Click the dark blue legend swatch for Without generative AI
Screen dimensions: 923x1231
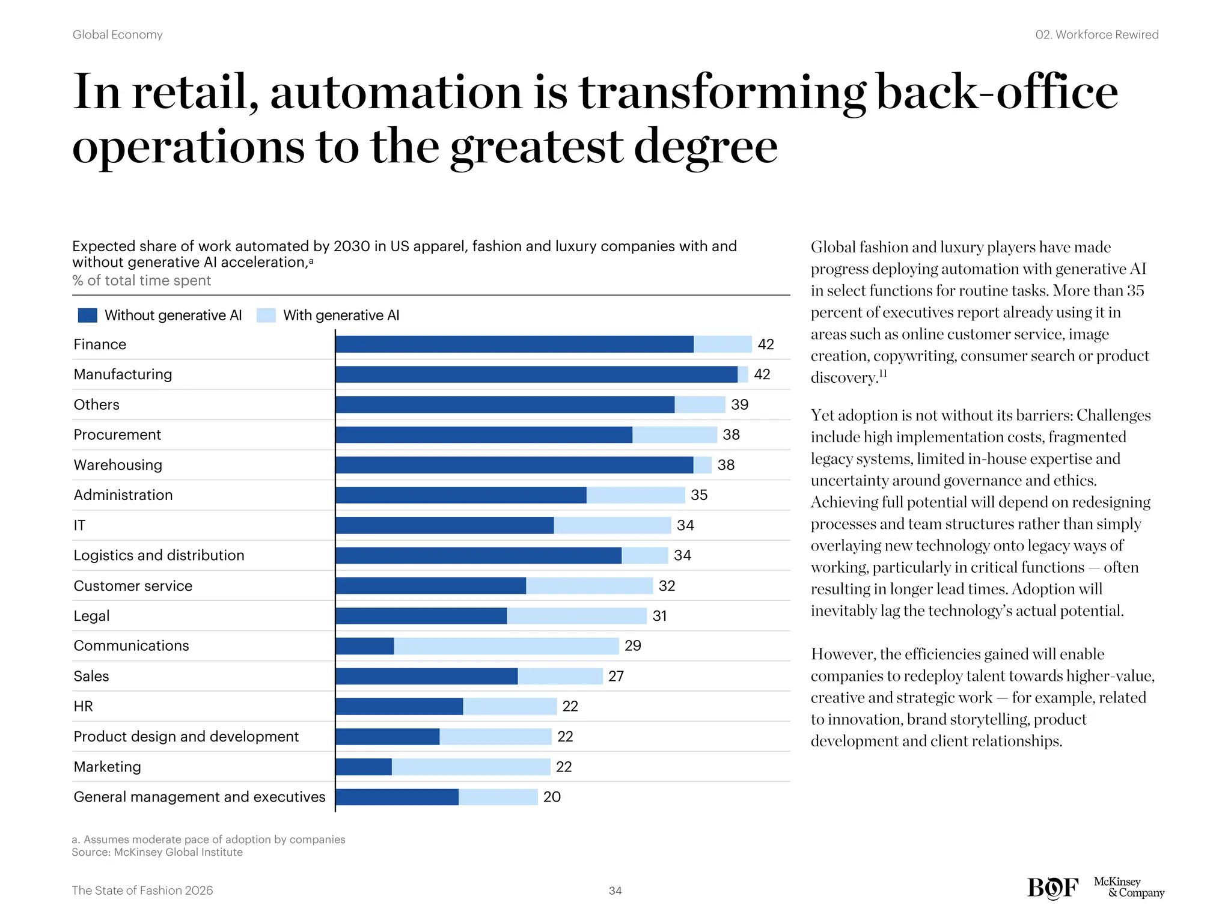coord(87,315)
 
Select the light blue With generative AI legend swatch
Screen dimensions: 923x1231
coord(266,315)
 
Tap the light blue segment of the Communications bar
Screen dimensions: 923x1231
coord(506,646)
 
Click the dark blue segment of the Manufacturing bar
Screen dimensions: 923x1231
coord(536,374)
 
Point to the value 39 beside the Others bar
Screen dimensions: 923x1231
coord(739,404)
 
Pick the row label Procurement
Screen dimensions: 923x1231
coord(117,434)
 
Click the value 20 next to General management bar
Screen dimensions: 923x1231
coord(552,797)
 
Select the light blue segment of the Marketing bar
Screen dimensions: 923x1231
coord(471,767)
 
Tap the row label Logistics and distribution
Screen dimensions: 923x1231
coord(159,555)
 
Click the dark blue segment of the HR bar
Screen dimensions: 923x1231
coord(399,706)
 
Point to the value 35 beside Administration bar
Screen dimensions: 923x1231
coord(699,495)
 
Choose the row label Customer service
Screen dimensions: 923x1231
coord(133,586)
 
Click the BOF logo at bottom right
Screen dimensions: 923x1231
coord(1052,888)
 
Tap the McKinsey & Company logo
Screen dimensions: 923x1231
coord(1129,888)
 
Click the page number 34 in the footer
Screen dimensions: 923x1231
coord(615,891)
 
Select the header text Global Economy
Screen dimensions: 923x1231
coord(118,35)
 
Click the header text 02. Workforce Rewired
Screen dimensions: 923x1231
coord(1096,35)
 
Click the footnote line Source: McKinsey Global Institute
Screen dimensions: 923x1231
coord(157,852)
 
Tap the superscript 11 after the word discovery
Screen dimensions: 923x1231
coord(882,373)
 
